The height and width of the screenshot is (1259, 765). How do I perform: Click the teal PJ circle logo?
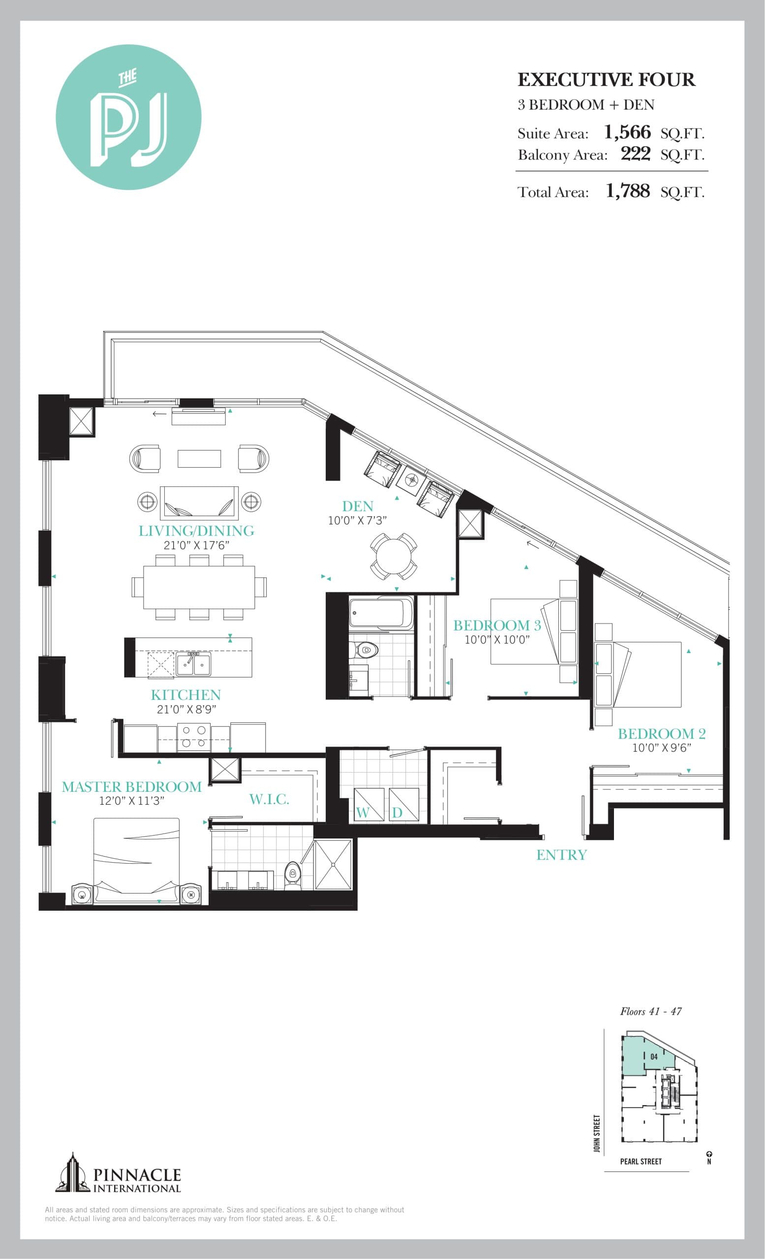click(x=128, y=118)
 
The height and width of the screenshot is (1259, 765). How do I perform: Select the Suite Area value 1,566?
click(x=627, y=132)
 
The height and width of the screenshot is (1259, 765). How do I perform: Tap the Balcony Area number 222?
click(x=635, y=154)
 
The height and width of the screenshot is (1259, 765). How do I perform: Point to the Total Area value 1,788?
click(x=628, y=191)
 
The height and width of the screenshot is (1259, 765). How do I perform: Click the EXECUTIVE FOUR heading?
click(x=606, y=80)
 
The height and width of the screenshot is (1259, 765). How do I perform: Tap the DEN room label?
click(x=357, y=507)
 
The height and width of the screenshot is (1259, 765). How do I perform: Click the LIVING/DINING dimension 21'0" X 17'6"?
click(x=196, y=545)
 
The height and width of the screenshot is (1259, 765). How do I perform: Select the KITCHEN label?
click(x=185, y=695)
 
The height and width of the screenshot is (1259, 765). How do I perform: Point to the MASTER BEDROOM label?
click(x=132, y=787)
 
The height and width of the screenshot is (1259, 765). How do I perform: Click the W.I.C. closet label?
click(x=269, y=800)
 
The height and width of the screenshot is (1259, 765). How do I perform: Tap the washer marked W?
click(x=368, y=805)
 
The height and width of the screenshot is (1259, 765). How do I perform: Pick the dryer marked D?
click(x=404, y=805)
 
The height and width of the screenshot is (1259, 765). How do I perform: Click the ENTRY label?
click(x=561, y=855)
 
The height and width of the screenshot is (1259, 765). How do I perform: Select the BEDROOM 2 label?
click(x=661, y=734)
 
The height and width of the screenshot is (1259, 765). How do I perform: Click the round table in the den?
click(x=394, y=556)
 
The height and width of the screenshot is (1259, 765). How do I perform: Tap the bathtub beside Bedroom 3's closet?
click(x=381, y=613)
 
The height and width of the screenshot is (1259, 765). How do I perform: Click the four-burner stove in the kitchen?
click(x=194, y=737)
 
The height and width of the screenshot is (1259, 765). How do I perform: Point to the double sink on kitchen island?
click(x=194, y=664)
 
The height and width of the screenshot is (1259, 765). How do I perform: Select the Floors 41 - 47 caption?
click(x=650, y=1012)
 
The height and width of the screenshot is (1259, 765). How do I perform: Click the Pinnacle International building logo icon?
click(x=72, y=1172)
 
